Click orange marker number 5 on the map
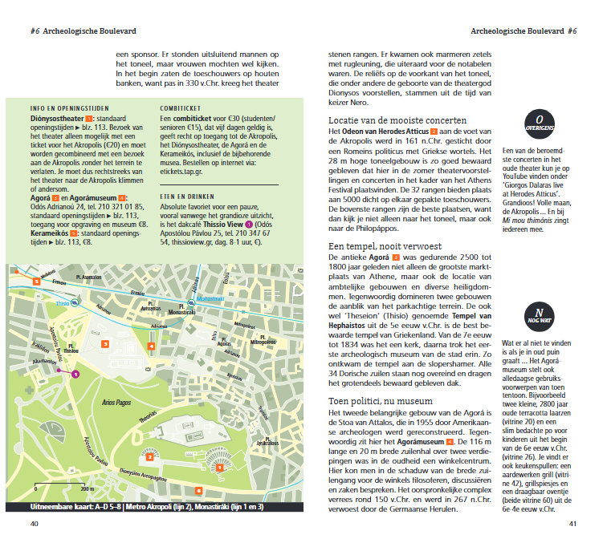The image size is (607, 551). pos(35,280)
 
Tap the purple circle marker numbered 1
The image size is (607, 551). pos(75,374)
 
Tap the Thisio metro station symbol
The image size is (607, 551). pos(71,303)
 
